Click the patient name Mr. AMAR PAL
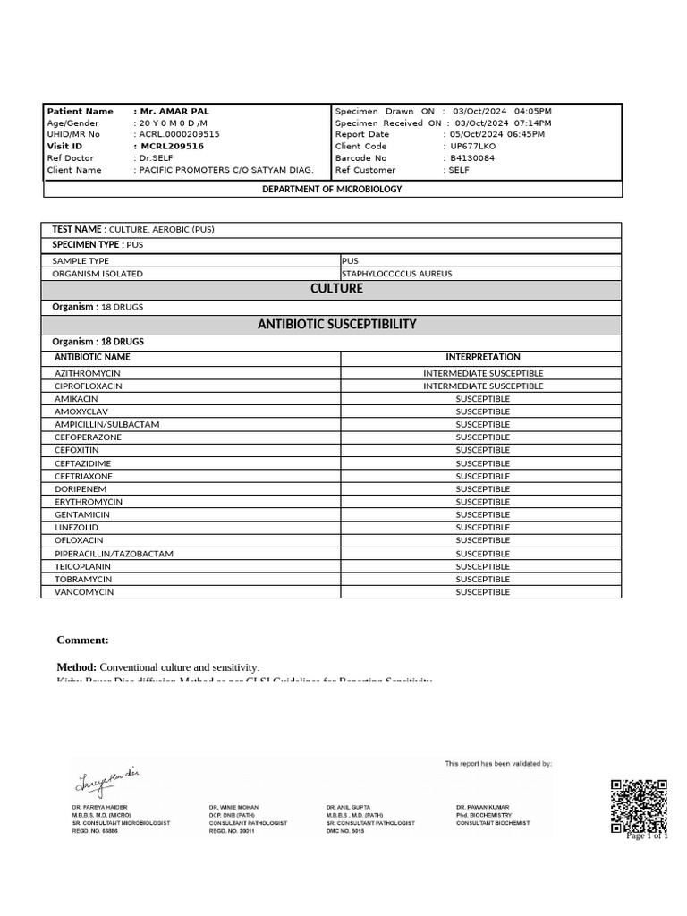pos(175,111)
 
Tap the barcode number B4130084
pos(472,157)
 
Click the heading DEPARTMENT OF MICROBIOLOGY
pos(332,189)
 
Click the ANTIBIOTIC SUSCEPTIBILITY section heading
pos(336,324)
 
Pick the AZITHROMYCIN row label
pos(88,373)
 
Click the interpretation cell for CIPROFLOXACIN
pos(483,386)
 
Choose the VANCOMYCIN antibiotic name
pos(84,592)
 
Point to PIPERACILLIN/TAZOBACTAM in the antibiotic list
pos(114,554)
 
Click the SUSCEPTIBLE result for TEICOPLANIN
pos(483,566)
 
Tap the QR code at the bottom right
pos(639,806)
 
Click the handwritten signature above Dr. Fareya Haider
pos(106,781)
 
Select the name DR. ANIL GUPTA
pos(348,807)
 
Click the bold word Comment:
pos(82,640)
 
